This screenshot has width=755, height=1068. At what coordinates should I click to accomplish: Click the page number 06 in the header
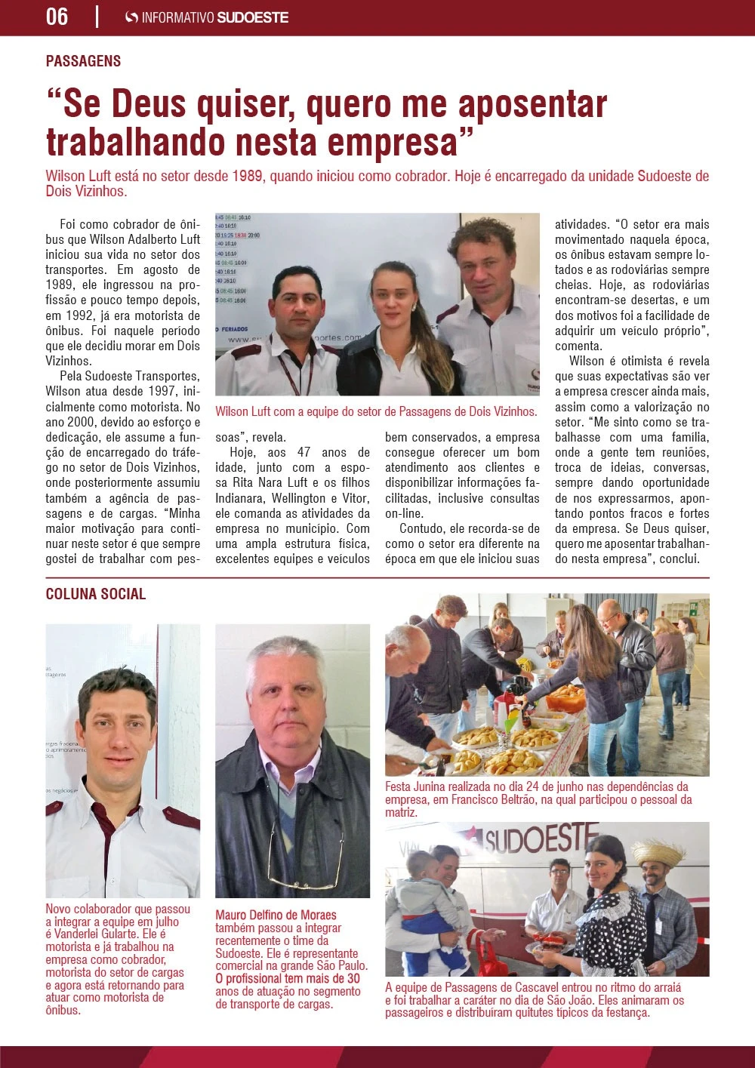57,17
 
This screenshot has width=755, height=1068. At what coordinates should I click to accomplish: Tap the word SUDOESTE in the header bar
252,17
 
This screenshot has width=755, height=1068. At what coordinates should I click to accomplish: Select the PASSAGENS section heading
83,61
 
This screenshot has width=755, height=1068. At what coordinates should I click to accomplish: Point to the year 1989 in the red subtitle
247,176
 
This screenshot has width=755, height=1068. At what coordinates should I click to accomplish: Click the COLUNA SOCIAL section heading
96,594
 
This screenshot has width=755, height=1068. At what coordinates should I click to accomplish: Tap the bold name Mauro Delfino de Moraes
276,916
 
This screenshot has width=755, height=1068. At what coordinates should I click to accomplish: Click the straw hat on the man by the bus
658,852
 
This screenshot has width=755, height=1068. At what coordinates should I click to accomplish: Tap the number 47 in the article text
304,453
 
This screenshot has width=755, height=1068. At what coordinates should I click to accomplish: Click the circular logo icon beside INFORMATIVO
131,17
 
